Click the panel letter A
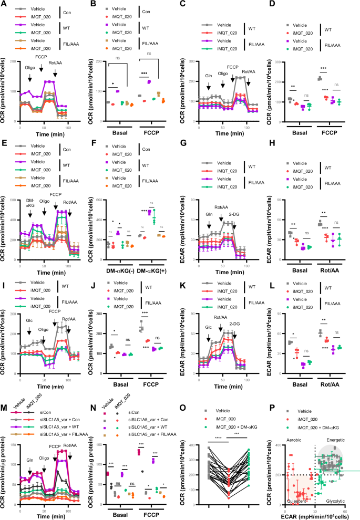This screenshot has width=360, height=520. [x=4, y=4]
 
